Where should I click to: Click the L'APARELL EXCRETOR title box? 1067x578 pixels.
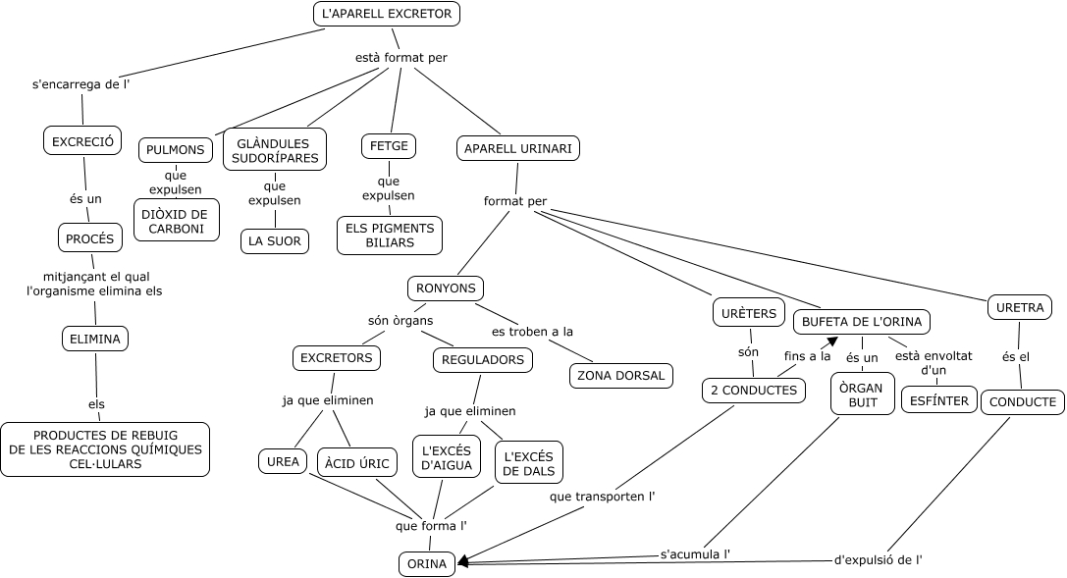387,14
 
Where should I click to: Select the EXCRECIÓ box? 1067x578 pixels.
82,141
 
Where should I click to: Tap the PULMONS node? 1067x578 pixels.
176,150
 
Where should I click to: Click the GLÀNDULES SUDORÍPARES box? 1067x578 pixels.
275,150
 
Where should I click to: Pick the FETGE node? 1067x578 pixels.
389,146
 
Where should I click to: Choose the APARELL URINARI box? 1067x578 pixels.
518,148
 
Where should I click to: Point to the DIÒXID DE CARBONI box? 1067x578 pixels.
177,221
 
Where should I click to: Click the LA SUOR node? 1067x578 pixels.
275,241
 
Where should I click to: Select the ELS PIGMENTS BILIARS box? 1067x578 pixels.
390,236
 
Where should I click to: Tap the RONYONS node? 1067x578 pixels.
446,289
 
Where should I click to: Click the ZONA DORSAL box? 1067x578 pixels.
620,375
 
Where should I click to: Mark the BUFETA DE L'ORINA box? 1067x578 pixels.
862,321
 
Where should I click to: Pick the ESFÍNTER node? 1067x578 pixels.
936,400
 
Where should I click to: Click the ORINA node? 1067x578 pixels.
427,564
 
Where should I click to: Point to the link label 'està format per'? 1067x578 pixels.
400,58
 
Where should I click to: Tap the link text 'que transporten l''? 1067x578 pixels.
603,497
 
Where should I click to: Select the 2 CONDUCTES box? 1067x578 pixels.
754,391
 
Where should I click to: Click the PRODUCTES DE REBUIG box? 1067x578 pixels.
105,449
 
